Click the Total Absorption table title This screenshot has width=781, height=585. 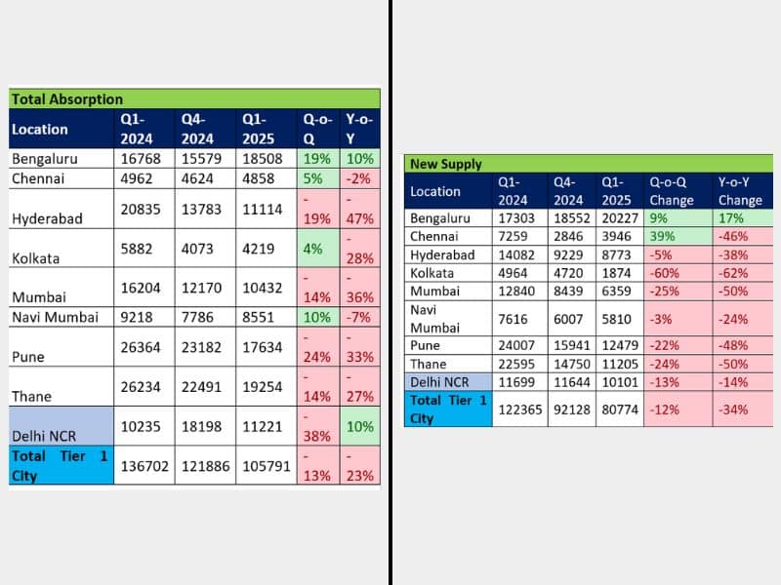point(67,98)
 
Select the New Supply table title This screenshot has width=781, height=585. point(447,164)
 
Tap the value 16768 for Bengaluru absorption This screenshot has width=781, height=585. point(144,158)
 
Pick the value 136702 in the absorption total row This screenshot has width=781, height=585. point(144,466)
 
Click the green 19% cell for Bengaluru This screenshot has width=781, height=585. point(317,158)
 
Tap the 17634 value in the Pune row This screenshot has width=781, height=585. point(264,346)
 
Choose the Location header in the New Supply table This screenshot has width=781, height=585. point(435,191)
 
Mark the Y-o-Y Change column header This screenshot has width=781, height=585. point(740,191)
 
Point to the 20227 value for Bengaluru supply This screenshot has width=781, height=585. point(617,218)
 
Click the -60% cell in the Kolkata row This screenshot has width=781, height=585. point(668,272)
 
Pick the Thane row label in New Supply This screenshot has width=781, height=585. point(429,364)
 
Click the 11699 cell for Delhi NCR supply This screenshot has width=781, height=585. point(516,382)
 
